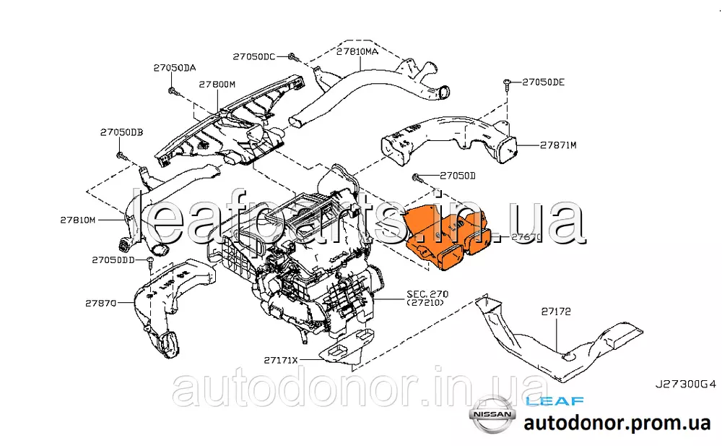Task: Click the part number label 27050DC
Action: pos(254,56)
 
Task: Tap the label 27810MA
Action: pos(357,52)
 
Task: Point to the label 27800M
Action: pos(217,85)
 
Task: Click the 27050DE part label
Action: pos(543,82)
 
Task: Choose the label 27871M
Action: pos(558,145)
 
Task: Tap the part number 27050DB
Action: pos(121,132)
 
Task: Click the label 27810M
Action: pos(78,219)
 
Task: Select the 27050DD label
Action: pos(113,259)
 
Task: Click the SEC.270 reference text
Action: pos(427,294)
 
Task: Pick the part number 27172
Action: pos(556,312)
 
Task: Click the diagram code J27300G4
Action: pos(686,386)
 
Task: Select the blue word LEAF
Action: pos(554,400)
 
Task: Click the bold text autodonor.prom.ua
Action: pos(617,424)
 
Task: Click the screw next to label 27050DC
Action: pos(290,56)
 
